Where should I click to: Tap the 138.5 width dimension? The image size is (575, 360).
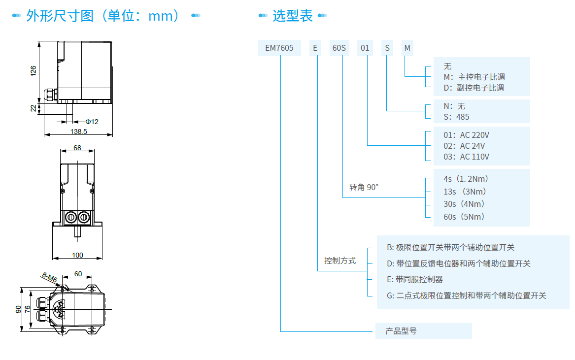[x=79, y=131]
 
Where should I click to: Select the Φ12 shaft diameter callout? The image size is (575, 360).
[x=92, y=121]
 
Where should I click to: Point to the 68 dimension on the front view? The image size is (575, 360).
[x=77, y=147]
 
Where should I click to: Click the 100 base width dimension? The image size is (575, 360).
[x=77, y=255]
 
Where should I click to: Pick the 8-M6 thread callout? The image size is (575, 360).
[x=49, y=278]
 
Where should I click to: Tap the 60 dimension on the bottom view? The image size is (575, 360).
[x=78, y=274]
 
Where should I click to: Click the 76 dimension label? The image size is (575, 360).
[x=28, y=309]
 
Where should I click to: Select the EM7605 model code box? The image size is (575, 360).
[x=279, y=48]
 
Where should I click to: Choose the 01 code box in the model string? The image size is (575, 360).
[x=365, y=48]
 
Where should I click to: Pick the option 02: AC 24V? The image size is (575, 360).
[x=464, y=146]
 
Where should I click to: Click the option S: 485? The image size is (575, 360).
[x=456, y=117]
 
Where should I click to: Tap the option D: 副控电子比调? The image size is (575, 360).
[x=474, y=88]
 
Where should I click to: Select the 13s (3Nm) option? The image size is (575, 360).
[x=465, y=191]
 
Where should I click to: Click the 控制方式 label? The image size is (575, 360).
[x=339, y=261]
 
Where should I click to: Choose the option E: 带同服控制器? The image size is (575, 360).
[x=415, y=279]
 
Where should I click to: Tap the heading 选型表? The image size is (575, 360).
[x=293, y=16]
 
